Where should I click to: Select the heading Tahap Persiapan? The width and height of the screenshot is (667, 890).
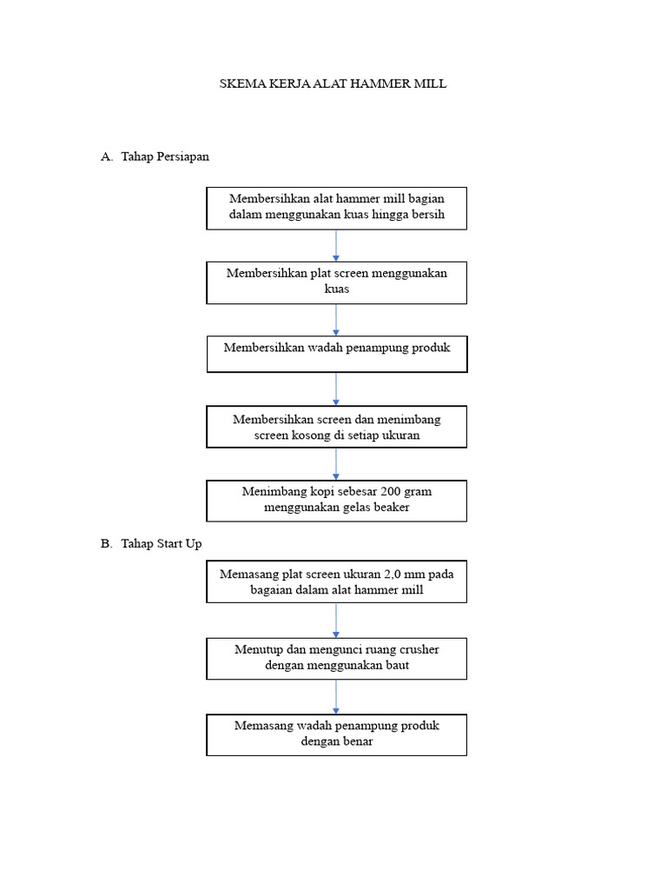click(165, 157)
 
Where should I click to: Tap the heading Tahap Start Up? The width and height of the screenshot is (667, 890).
click(162, 543)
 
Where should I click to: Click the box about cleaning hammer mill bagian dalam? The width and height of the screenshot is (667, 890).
click(336, 208)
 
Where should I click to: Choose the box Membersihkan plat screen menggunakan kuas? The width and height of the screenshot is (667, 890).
click(336, 282)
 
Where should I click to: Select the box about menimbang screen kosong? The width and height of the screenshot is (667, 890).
click(336, 427)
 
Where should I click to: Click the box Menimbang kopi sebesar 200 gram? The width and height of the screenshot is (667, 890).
click(336, 500)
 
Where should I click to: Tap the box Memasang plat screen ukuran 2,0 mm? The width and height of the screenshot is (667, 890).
click(336, 581)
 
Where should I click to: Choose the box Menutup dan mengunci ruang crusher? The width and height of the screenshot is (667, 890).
click(336, 658)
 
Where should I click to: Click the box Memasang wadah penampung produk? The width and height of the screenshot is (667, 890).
click(336, 734)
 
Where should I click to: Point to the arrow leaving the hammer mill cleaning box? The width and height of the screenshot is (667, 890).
click(336, 245)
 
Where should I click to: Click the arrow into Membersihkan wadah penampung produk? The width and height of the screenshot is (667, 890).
click(336, 320)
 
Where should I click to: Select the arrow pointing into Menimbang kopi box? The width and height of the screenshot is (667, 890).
click(336, 464)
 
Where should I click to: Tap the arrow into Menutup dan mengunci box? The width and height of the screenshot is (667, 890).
click(336, 621)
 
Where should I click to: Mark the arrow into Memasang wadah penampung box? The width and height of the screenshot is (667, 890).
click(336, 697)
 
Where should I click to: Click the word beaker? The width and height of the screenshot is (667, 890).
click(390, 508)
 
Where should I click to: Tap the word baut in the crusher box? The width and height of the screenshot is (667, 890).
click(395, 666)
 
